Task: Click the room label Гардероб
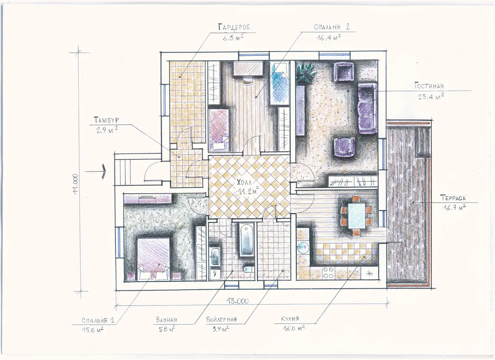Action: click(x=234, y=27)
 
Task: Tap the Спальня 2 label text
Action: click(x=332, y=27)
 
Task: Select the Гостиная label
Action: click(x=429, y=85)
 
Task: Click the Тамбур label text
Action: click(x=106, y=120)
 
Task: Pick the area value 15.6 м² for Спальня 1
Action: click(x=92, y=330)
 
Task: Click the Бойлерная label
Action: click(x=222, y=319)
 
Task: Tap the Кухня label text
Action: click(x=290, y=318)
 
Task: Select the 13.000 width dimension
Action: click(x=237, y=301)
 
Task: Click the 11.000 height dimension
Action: click(x=75, y=184)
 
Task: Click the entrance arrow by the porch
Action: click(x=95, y=171)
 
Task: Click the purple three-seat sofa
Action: click(x=367, y=108)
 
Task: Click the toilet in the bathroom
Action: click(x=249, y=269)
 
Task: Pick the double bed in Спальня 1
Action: click(x=153, y=259)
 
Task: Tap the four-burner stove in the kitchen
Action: click(x=328, y=272)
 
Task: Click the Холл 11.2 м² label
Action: click(x=247, y=187)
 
